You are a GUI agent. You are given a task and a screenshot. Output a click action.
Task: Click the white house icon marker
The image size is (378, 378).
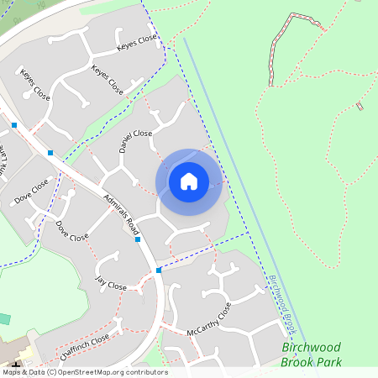(189, 181)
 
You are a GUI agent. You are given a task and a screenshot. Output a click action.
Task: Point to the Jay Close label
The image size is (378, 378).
(111, 283)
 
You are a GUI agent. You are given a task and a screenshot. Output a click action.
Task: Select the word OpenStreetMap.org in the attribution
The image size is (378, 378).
(92, 372)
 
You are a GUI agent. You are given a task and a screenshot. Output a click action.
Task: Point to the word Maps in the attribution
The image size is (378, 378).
(12, 372)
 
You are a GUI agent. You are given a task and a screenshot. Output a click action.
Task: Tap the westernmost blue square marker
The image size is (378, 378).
(14, 125)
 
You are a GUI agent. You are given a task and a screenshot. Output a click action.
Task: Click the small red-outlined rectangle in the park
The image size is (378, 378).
(360, 106)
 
